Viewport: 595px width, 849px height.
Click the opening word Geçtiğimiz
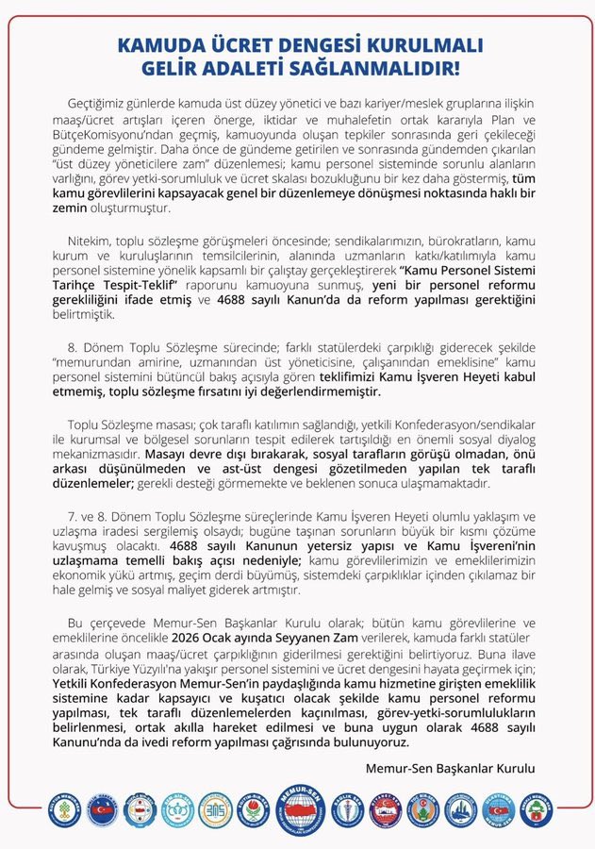tap(100, 102)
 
